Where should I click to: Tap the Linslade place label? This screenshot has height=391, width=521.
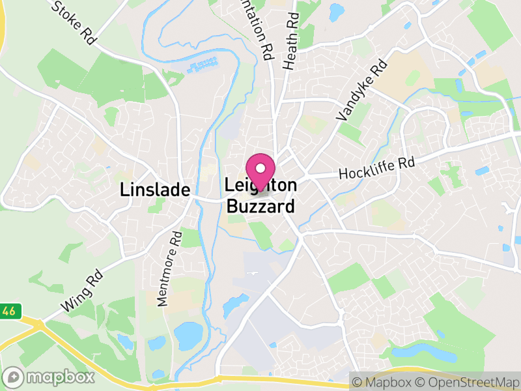tap(155, 190)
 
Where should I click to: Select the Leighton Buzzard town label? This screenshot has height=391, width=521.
tap(260, 196)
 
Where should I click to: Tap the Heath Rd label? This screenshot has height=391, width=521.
tap(290, 43)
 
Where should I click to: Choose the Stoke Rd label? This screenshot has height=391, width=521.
tap(73, 22)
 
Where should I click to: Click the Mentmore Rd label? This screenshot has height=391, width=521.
tap(168, 268)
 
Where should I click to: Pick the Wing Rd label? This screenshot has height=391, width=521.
tap(81, 291)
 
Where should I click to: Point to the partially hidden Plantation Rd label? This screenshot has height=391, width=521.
tap(260, 29)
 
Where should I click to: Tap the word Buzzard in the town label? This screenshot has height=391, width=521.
tap(260, 207)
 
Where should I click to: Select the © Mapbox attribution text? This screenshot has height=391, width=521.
tap(387, 381)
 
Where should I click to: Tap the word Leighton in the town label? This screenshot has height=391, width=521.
tap(260, 186)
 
